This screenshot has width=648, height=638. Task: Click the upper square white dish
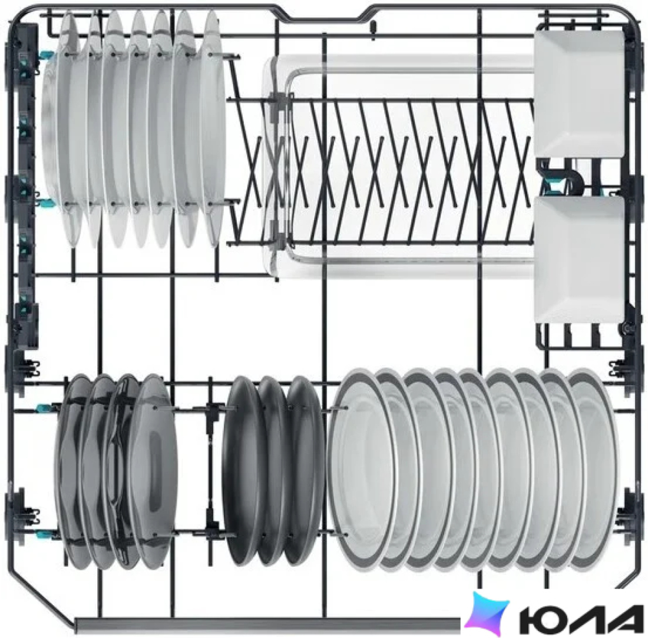pyautogui.click(x=578, y=94)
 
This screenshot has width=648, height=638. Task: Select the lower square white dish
pyautogui.click(x=578, y=259)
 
